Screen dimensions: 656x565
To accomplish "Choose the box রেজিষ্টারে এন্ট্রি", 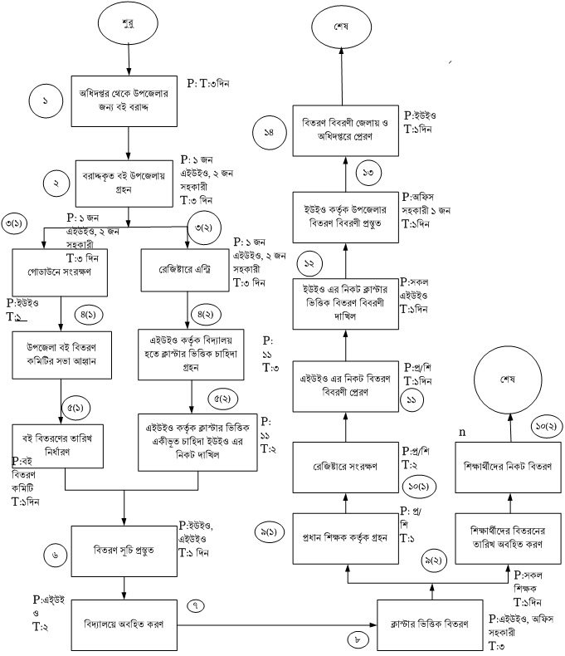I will (183, 270).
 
